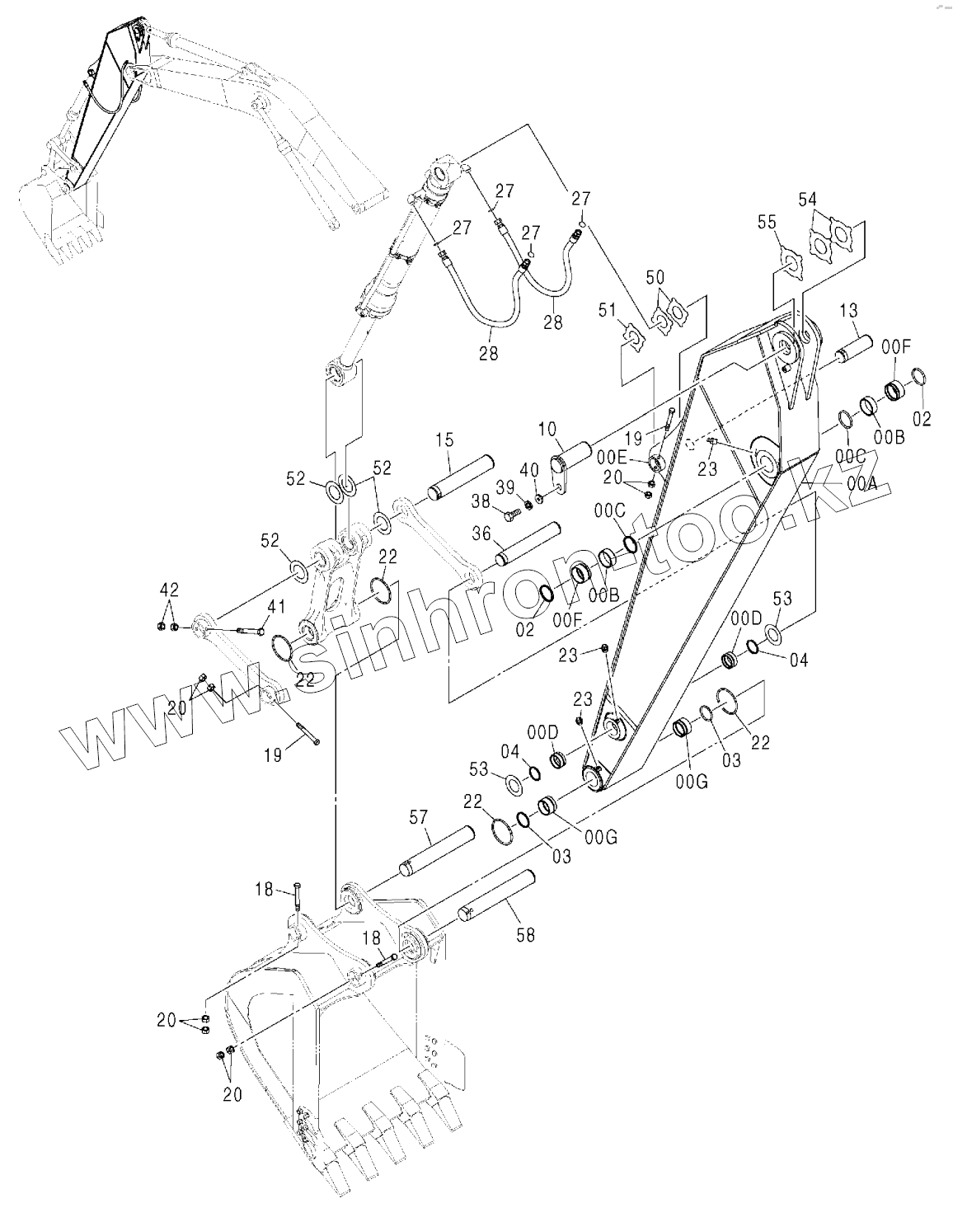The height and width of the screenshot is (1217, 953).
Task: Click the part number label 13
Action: point(849,311)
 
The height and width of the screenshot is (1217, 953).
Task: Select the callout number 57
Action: point(419,816)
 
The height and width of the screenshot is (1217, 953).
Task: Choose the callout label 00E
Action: point(613,456)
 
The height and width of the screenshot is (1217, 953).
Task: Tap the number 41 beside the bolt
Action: point(275,607)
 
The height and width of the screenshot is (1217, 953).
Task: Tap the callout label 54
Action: point(808,200)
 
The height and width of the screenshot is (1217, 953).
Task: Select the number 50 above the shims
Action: point(655,277)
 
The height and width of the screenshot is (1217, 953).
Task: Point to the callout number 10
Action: point(548,430)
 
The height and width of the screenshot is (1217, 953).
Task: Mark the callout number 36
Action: point(481,534)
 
